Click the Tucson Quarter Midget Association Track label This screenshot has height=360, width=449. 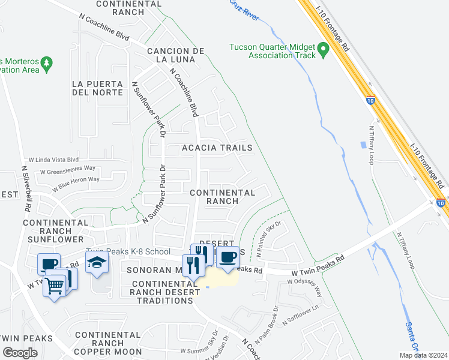click(x=273, y=51)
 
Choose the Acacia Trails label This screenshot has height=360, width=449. click(x=217, y=148)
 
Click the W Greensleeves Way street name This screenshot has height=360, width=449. click(x=67, y=170)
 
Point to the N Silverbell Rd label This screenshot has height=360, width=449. click(x=26, y=189)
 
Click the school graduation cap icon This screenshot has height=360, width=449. click(x=96, y=262)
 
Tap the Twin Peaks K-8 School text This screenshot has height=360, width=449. click(x=128, y=251)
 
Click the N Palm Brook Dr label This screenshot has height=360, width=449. click(x=276, y=324)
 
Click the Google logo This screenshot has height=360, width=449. click(x=19, y=353)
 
